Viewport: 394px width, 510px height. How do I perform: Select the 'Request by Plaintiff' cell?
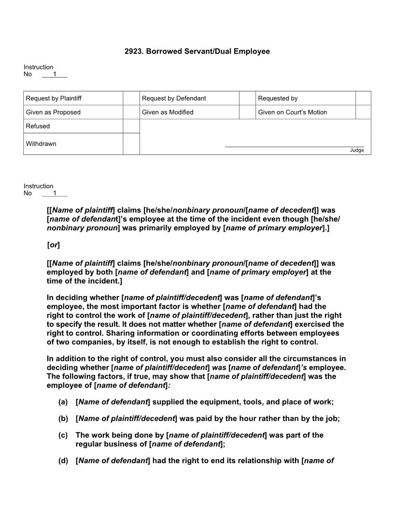point(54,98)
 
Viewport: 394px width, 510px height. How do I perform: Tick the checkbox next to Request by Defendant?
point(247,98)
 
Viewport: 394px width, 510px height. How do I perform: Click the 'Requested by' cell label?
point(278,98)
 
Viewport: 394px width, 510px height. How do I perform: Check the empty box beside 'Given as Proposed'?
point(131,112)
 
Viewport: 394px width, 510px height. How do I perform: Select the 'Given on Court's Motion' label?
point(292,112)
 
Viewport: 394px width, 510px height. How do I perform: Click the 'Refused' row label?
point(38,126)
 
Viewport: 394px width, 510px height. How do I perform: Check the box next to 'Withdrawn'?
point(131,144)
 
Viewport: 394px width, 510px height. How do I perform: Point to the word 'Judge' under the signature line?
point(357,150)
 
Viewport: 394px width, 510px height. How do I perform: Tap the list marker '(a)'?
point(63,402)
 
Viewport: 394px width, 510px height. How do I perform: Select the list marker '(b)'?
point(63,419)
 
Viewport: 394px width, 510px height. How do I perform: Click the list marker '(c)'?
point(63,435)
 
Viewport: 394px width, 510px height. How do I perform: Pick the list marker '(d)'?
point(63,461)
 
